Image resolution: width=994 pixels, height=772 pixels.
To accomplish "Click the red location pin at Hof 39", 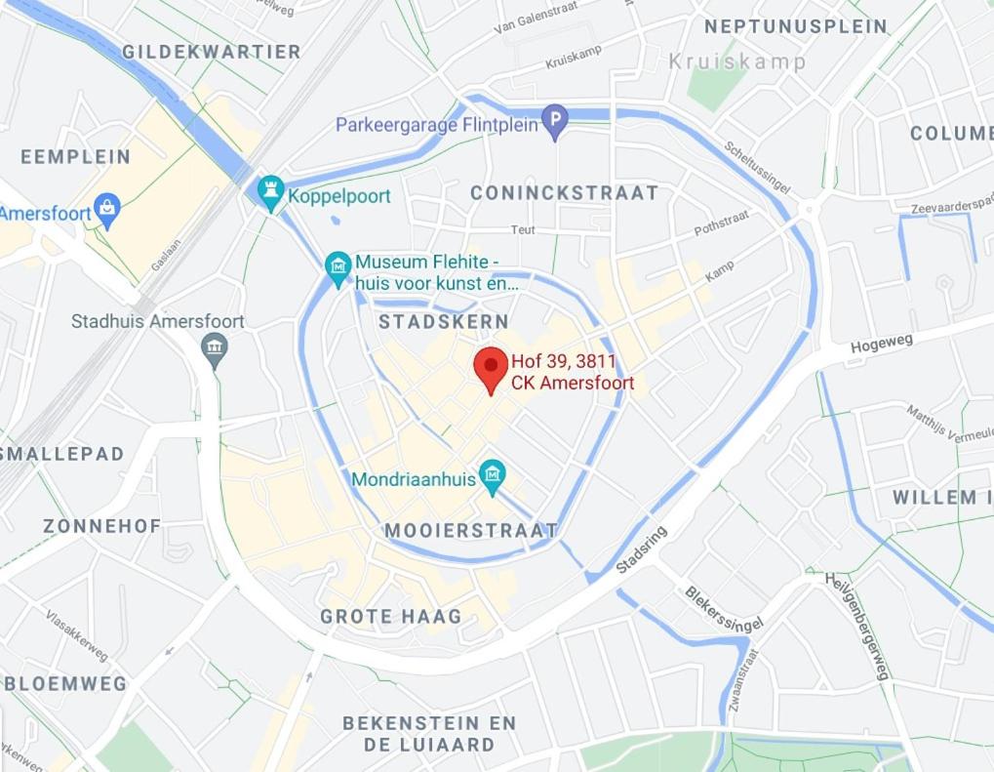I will click(491, 369).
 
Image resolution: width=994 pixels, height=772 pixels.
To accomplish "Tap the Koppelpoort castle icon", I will click(270, 192).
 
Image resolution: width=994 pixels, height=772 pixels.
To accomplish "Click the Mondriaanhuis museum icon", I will click(493, 476).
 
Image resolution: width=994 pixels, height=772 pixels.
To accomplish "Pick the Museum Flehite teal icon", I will click(338, 267).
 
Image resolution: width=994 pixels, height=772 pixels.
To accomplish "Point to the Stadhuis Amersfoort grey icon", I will click(215, 346).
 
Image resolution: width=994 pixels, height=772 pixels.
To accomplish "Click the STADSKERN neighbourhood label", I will click(444, 321).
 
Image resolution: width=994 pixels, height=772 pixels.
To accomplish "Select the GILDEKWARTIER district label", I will click(211, 52).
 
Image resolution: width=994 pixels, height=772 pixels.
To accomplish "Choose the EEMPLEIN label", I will click(75, 156).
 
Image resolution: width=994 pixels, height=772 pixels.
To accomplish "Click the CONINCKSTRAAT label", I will click(564, 193).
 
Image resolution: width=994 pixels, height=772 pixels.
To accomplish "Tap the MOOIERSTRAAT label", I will click(471, 530).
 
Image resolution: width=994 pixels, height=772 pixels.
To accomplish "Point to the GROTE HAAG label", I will click(390, 616).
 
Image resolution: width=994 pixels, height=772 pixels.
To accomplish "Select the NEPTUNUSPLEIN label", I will click(796, 26).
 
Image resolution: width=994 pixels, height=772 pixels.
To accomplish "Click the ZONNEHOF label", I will click(101, 526).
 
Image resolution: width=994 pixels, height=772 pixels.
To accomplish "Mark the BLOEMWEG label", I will click(65, 683).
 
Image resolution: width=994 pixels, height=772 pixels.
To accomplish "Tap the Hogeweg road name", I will click(881, 344).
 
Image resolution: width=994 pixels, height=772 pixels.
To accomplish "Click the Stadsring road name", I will click(641, 550).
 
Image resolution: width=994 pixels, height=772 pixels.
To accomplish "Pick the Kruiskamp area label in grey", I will click(737, 62).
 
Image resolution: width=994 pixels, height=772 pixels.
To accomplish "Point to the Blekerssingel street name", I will click(722, 608).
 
